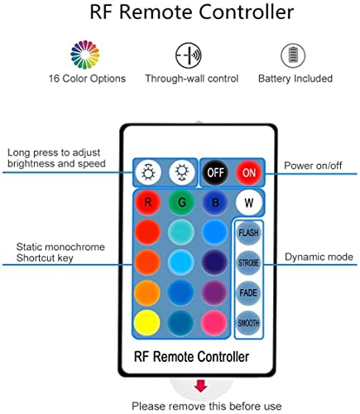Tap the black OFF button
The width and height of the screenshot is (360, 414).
pyautogui.click(x=214, y=173)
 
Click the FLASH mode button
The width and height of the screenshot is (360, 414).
pyautogui.click(x=248, y=233)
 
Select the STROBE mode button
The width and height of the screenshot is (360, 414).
pyautogui.click(x=248, y=263)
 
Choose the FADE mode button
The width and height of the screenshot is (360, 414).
pyautogui.click(x=248, y=293)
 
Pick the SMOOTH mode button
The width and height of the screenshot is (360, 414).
pyautogui.click(x=248, y=323)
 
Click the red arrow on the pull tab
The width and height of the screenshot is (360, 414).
pyautogui.click(x=200, y=386)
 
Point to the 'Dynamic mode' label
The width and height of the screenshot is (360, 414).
pyautogui.click(x=318, y=258)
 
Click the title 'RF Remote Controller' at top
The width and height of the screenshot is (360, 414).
pyautogui.click(x=180, y=14)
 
